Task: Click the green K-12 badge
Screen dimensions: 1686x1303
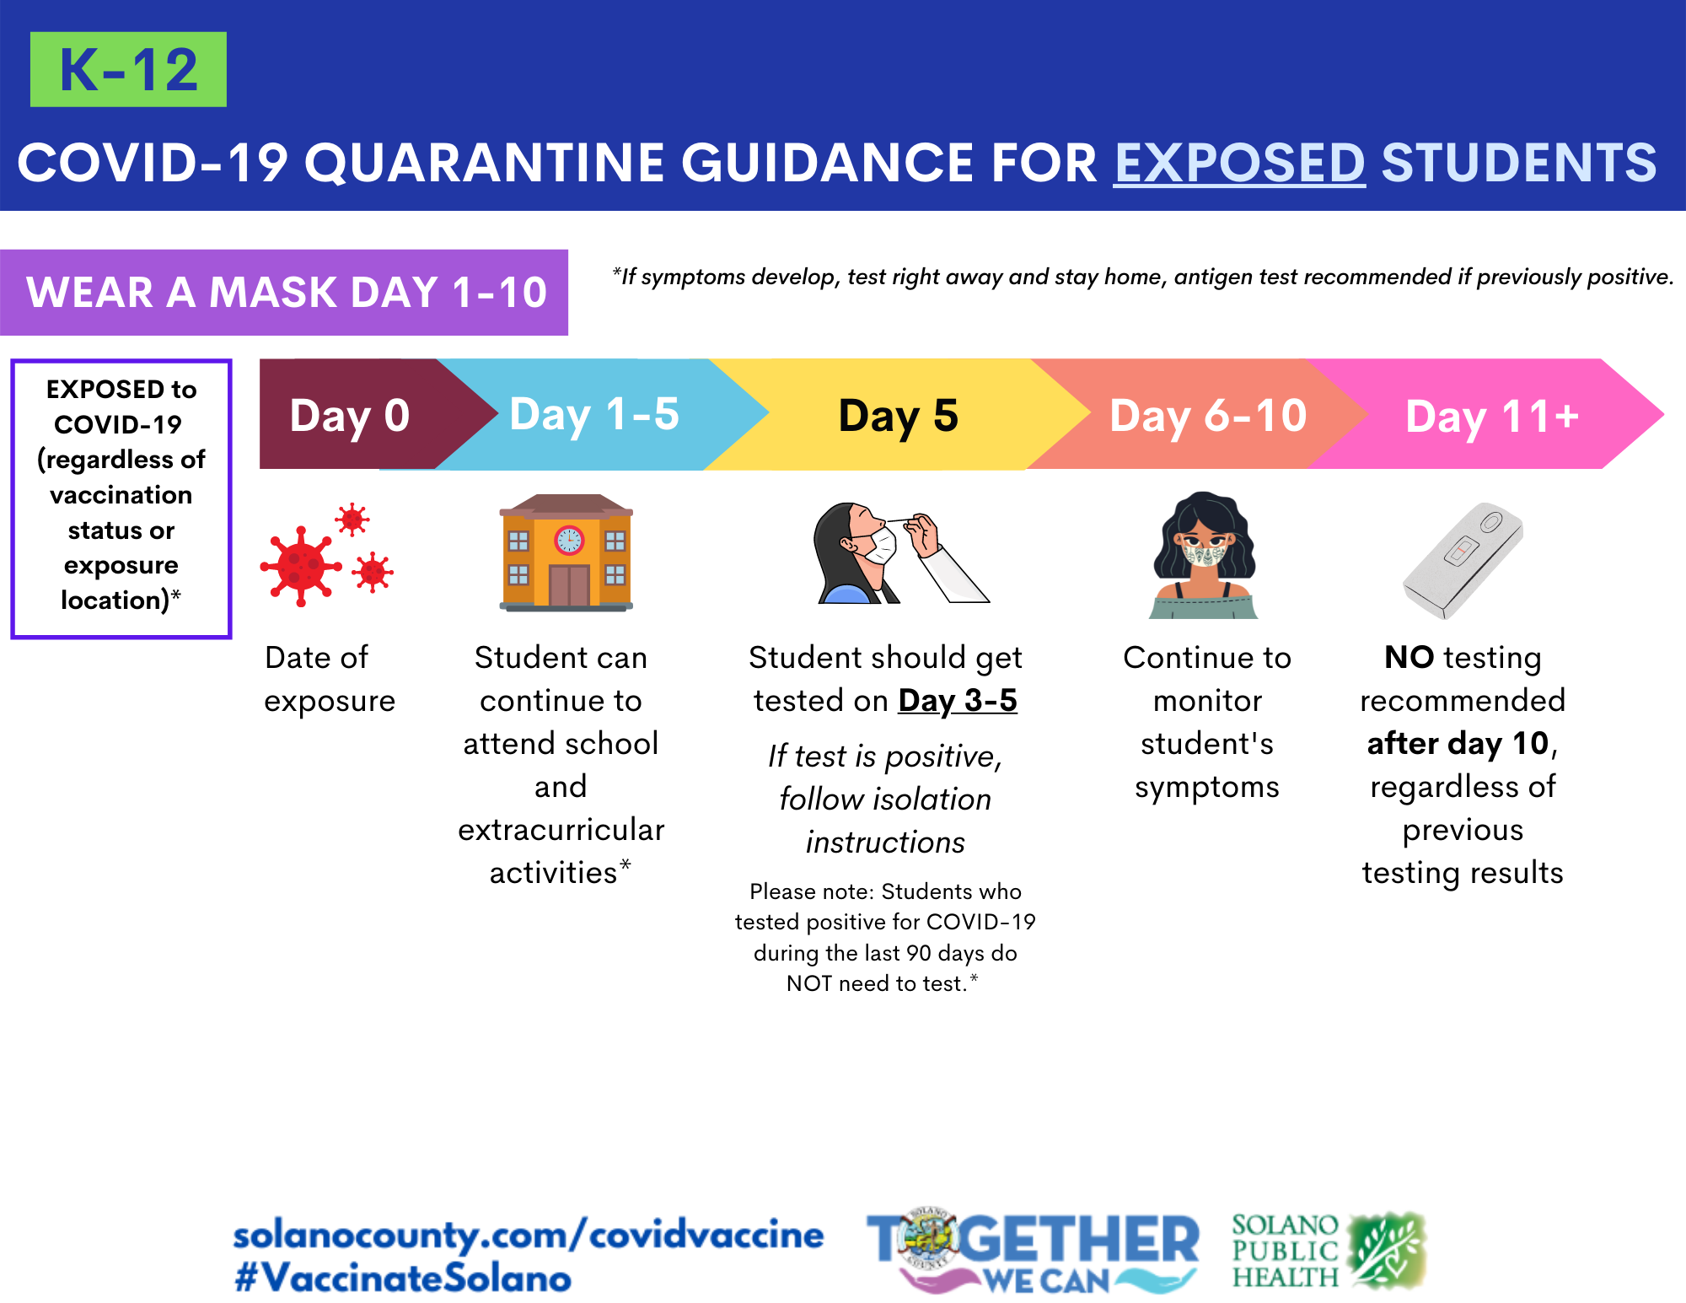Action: [128, 69]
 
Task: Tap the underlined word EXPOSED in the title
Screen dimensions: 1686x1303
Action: [1239, 162]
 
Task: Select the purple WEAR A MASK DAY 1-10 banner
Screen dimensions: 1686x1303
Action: [284, 293]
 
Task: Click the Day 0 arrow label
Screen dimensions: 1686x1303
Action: [350, 416]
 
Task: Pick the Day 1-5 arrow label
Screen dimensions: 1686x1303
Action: [594, 415]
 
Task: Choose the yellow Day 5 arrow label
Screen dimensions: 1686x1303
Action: [899, 416]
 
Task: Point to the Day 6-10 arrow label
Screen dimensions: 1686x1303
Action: [1208, 416]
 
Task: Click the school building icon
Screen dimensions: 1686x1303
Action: [566, 552]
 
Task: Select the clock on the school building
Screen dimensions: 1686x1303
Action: [569, 540]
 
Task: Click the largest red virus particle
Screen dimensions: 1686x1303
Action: [301, 566]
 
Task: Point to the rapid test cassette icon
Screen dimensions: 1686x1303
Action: [1463, 561]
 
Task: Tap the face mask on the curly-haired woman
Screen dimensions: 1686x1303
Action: [1205, 554]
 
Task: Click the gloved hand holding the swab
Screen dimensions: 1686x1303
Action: [922, 535]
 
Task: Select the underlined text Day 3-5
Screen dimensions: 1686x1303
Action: [958, 701]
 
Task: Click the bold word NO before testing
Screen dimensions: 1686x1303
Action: [1409, 657]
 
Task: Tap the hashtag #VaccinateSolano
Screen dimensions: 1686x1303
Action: [403, 1279]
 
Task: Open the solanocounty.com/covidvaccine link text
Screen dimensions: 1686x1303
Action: [529, 1236]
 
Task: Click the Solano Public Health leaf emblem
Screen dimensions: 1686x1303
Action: [1387, 1250]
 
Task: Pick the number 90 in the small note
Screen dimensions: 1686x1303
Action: [919, 953]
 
